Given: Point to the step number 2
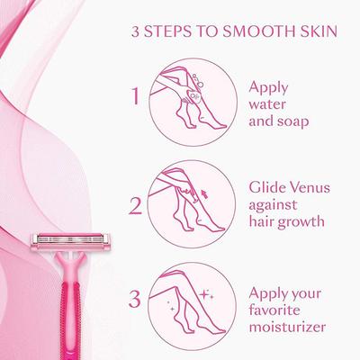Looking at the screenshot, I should point(136,206).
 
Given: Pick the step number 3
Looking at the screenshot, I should point(136,295).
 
